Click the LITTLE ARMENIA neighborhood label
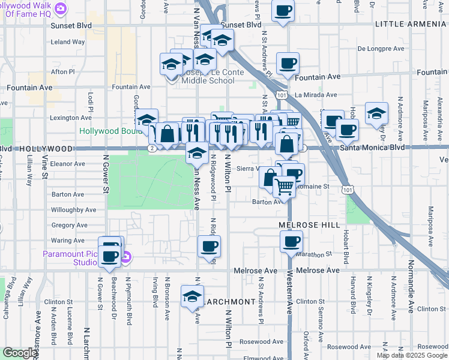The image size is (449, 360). (411, 23)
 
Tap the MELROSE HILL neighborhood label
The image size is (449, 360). (310, 224)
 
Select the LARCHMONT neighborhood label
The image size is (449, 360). (228, 301)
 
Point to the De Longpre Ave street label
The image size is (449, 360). (378, 49)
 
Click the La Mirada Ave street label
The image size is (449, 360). (316, 95)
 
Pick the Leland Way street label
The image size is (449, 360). (68, 42)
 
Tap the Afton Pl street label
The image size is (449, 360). (62, 71)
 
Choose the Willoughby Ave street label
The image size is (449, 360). (74, 210)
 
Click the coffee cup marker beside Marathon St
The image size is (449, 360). (291, 241)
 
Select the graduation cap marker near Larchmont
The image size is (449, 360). (192, 296)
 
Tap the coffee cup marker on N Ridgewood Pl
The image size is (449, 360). (209, 245)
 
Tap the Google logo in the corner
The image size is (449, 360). (20, 353)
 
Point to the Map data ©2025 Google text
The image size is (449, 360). (412, 355)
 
